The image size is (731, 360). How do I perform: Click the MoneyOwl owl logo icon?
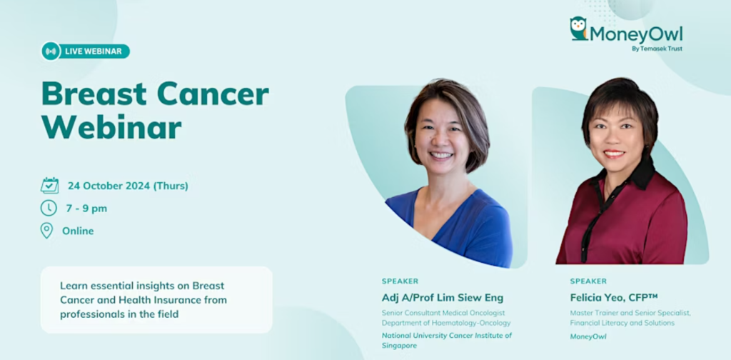(578, 29)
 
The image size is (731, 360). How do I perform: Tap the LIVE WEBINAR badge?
(86, 51)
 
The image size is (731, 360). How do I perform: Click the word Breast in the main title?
(94, 94)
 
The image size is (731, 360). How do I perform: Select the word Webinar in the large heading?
(112, 127)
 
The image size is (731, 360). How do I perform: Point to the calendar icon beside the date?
(49, 186)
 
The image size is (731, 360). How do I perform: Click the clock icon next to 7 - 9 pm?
(49, 208)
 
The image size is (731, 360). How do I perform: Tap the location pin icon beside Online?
(46, 231)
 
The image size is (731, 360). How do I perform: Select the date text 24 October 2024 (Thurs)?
(128, 186)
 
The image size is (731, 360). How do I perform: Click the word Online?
(78, 231)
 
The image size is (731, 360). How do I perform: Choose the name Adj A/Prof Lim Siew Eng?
(443, 298)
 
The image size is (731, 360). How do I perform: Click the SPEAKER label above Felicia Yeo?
(588, 281)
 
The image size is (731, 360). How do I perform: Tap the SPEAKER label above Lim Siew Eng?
(400, 281)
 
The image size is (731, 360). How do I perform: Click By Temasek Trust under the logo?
(657, 49)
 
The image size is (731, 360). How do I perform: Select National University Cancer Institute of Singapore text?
(447, 341)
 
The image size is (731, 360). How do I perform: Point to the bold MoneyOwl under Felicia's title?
(588, 336)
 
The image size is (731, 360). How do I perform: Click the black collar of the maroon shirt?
(639, 174)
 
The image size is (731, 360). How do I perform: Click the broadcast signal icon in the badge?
(51, 51)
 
